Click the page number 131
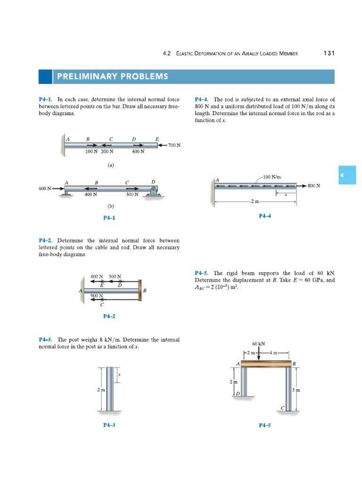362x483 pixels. [x=329, y=53]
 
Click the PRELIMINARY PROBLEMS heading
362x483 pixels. [x=112, y=76]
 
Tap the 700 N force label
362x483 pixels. [x=174, y=145]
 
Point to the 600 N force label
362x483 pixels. [x=45, y=188]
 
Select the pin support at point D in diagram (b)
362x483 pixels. [x=153, y=190]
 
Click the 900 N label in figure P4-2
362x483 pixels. [x=97, y=296]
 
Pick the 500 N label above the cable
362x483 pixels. [x=115, y=276]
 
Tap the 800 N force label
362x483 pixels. [x=314, y=186]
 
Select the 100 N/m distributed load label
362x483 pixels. [x=272, y=177]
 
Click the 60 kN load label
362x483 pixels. [x=258, y=344]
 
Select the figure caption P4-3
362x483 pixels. [x=109, y=425]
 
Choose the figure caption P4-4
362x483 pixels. [x=265, y=216]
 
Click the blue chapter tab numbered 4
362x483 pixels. [x=347, y=175]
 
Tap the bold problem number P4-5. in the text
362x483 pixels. [x=202, y=273]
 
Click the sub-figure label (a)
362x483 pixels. [x=110, y=166]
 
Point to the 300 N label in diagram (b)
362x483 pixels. [x=132, y=194]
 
